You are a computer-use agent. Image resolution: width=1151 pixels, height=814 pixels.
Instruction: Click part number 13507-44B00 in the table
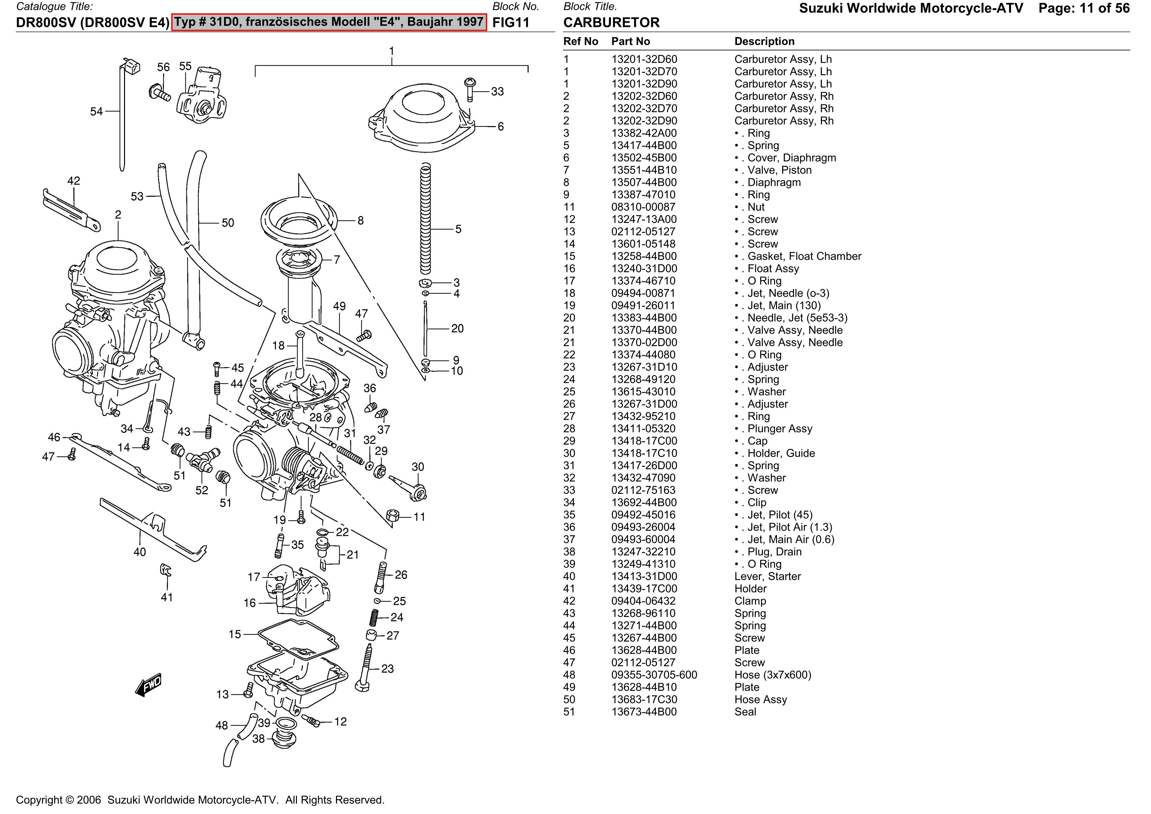point(644,183)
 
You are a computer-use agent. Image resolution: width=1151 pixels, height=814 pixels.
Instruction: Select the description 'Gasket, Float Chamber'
point(804,256)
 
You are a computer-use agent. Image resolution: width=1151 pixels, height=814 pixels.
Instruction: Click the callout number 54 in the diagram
point(96,111)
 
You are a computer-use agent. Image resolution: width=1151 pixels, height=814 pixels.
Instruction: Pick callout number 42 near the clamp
point(74,181)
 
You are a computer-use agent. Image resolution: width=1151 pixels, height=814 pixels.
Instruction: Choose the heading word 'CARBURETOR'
point(611,23)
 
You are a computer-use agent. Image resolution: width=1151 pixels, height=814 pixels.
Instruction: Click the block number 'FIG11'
point(511,23)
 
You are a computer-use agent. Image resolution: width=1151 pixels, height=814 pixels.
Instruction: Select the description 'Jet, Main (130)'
point(784,305)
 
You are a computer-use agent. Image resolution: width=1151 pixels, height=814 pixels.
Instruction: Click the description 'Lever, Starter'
point(767,576)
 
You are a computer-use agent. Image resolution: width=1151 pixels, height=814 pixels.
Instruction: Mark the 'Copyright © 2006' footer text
point(59,800)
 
